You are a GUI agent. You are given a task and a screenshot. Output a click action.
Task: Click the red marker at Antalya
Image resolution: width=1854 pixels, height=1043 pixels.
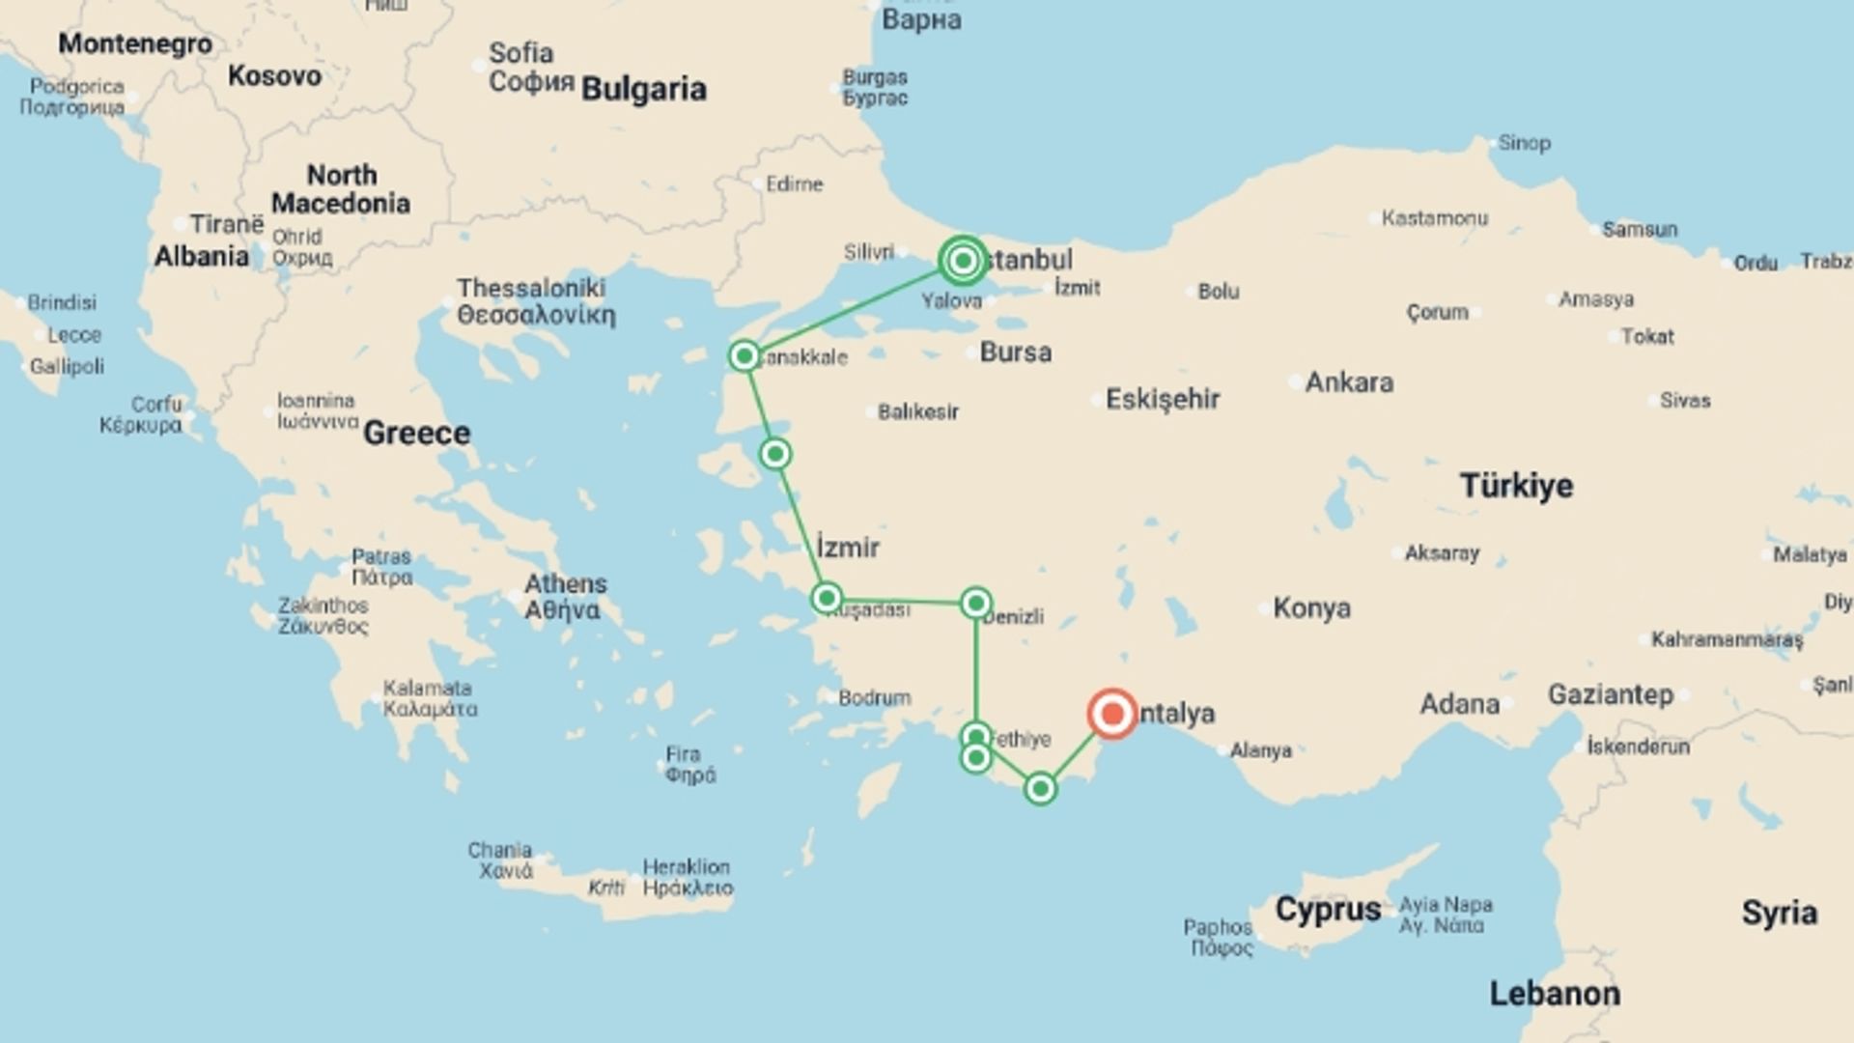(1111, 714)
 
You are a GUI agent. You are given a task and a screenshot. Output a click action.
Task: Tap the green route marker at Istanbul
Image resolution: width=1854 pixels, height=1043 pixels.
(962, 261)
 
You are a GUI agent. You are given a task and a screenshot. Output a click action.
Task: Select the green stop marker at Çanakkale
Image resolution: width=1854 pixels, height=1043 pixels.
(744, 356)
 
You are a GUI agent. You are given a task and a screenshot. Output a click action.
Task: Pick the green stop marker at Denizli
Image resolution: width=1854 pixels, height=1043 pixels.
(975, 604)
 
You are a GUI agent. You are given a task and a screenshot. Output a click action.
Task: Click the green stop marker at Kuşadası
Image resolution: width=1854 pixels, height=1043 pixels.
(826, 599)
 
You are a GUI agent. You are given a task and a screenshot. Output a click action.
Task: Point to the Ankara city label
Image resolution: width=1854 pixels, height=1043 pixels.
(1349, 382)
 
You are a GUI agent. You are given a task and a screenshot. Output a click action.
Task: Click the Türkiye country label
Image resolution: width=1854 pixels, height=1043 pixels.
(1516, 485)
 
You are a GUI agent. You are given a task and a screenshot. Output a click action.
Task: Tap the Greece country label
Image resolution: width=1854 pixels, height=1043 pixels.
(416, 433)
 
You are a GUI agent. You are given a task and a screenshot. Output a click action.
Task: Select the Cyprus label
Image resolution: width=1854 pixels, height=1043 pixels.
(1328, 909)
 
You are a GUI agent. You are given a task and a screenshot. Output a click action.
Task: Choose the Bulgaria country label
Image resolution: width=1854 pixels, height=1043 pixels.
(643, 89)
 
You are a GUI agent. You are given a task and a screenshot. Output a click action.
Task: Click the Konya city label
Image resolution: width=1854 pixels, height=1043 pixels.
(1311, 608)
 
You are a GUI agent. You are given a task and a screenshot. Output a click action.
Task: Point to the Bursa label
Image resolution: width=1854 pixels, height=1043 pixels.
(1015, 352)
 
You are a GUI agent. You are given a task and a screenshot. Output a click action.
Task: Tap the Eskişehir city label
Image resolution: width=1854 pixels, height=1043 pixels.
(1163, 399)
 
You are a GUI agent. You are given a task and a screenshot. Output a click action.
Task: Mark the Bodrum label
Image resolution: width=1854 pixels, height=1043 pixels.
(874, 697)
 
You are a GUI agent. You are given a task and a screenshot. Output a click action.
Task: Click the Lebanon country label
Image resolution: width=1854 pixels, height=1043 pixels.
(1555, 993)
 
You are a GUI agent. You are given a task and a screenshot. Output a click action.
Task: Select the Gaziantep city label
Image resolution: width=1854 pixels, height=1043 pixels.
(1610, 694)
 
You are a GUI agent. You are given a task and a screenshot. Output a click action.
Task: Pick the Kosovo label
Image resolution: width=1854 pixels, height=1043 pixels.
(274, 75)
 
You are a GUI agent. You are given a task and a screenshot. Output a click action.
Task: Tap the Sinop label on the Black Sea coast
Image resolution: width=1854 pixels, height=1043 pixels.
(1524, 143)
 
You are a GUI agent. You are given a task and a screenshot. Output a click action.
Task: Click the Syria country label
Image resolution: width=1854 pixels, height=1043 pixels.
(1779, 913)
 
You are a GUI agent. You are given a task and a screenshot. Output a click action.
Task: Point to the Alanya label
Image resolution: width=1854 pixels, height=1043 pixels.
(1260, 750)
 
